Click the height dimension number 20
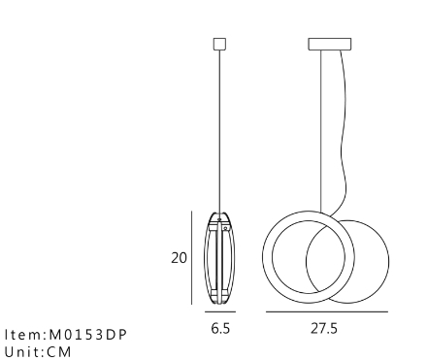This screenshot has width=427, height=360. tap(179, 258)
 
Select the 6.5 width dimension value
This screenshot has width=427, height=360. tap(220, 329)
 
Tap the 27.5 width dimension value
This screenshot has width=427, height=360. tap(324, 329)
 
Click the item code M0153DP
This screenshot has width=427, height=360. tap(87, 335)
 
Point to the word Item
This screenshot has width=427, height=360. tap(23, 335)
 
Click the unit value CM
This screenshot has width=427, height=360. tap(58, 352)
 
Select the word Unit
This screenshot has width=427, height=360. tap(22, 352)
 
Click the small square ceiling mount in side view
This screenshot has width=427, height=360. tap(219, 44)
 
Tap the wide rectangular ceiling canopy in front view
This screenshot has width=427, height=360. tap(330, 44)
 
